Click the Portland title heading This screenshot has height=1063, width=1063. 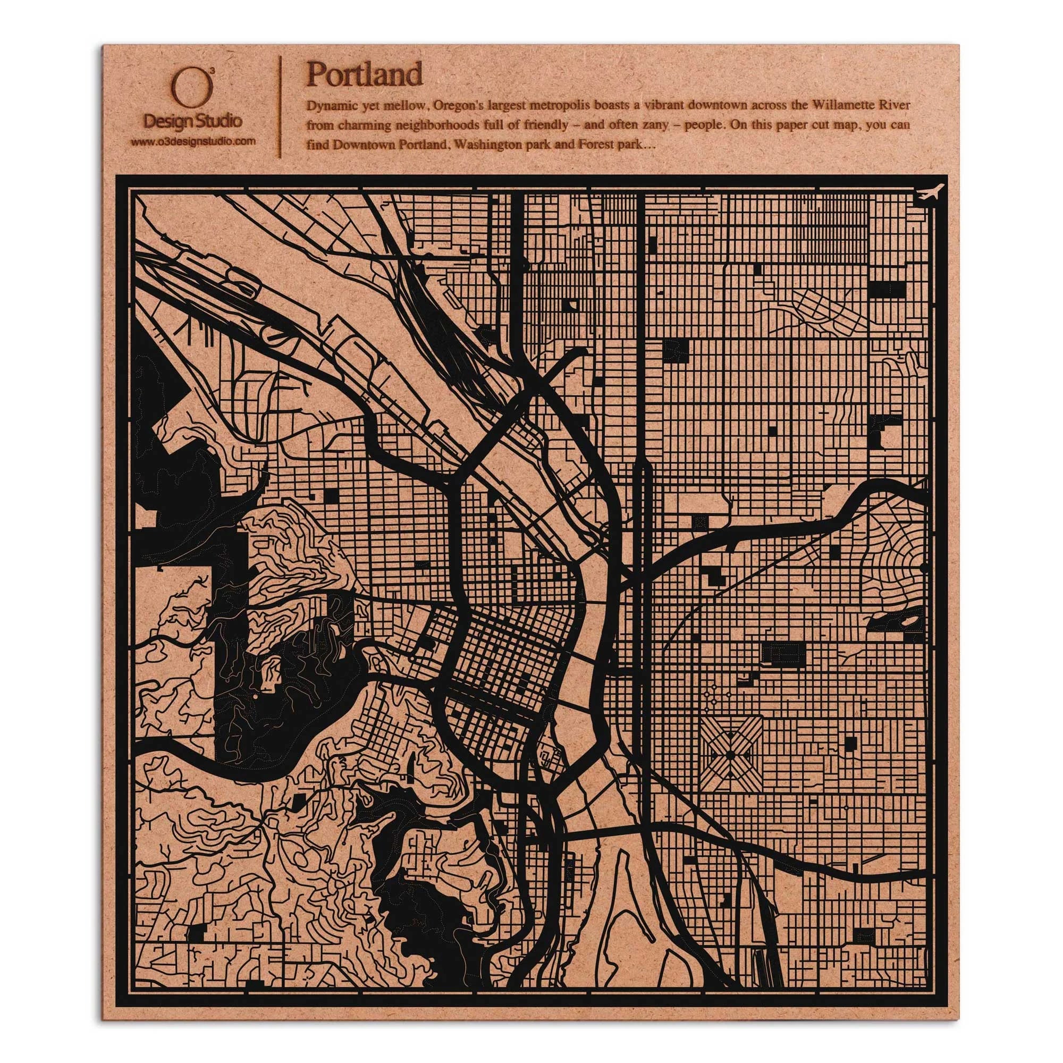click(364, 74)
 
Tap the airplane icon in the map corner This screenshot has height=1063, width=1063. click(931, 193)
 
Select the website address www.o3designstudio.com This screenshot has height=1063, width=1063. click(193, 141)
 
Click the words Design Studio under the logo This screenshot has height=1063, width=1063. click(192, 120)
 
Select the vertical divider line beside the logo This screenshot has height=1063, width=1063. click(282, 107)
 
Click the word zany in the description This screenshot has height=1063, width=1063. click(654, 125)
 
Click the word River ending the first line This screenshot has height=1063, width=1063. click(897, 105)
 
